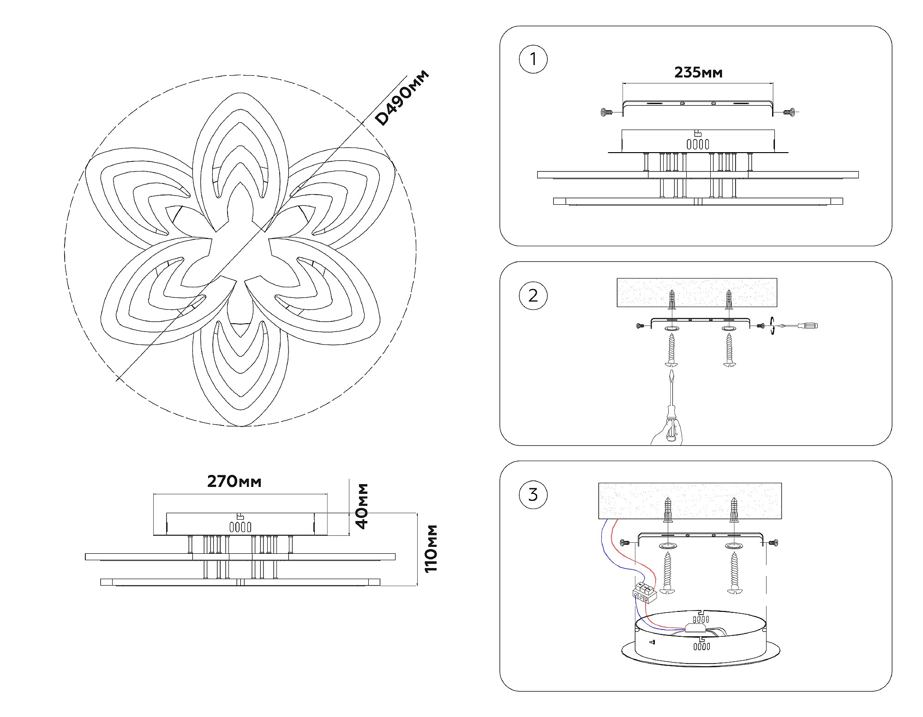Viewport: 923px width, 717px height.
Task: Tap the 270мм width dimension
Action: point(234,481)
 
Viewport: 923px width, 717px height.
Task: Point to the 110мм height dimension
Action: point(430,548)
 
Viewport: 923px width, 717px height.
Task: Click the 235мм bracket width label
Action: point(698,72)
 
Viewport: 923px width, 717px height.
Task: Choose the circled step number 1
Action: point(533,59)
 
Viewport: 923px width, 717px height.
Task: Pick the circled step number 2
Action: point(533,296)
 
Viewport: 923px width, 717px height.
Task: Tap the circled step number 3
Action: point(533,495)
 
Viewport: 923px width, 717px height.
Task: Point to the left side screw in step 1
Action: point(606,112)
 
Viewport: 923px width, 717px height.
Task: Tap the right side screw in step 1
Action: point(790,112)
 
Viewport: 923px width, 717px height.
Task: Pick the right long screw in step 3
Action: point(733,573)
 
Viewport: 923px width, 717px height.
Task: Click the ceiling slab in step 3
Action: point(689,500)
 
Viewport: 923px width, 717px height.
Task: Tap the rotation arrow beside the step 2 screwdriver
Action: point(772,326)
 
